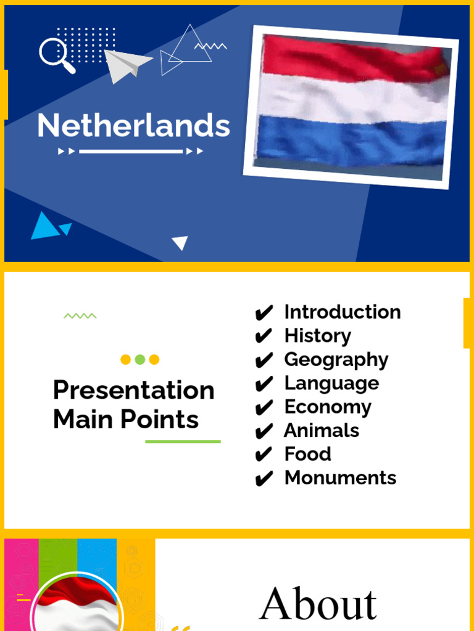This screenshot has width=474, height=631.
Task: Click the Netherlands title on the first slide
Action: [133, 126]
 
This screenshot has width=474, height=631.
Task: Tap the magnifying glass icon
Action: [56, 54]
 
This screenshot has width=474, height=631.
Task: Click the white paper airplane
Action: [126, 64]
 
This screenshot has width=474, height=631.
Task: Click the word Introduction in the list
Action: [342, 312]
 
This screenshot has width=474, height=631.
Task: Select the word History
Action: [317, 336]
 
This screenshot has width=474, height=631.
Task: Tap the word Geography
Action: [336, 360]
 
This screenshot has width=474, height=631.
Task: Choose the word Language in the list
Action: [331, 383]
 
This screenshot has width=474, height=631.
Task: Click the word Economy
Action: [328, 407]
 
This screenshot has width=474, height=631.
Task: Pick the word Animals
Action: [321, 430]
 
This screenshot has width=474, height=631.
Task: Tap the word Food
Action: [307, 454]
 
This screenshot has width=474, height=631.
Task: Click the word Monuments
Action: [340, 478]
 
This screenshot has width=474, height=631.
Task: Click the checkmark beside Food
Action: [264, 455]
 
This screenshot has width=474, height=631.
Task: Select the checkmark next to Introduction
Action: [264, 313]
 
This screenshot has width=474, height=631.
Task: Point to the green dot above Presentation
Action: [140, 359]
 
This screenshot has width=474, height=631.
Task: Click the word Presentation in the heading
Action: [133, 390]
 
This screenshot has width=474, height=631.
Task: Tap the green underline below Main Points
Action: [183, 441]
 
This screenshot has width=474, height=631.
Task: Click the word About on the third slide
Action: [318, 604]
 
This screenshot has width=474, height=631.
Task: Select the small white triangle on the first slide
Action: [180, 243]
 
